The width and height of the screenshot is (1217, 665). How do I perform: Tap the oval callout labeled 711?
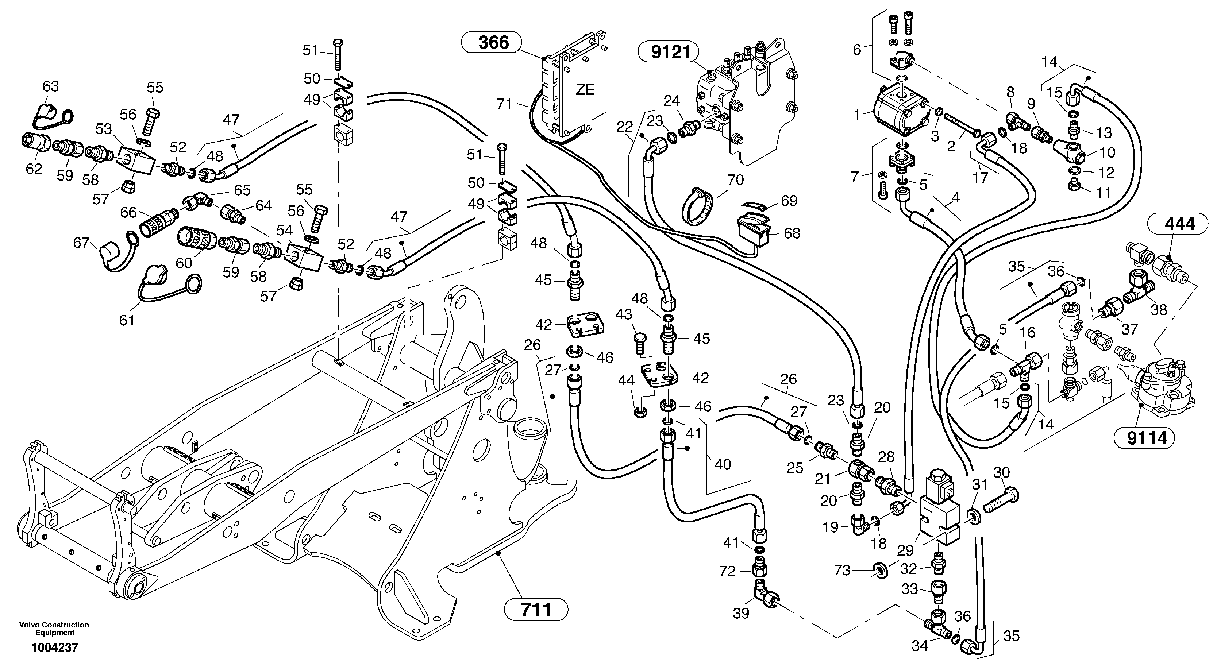point(536,609)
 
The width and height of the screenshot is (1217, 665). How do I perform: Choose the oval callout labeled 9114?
point(1146,438)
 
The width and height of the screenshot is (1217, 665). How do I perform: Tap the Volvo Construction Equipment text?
point(54,629)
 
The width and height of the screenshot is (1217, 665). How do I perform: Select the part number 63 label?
point(51,86)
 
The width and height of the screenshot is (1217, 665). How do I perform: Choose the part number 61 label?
point(127,321)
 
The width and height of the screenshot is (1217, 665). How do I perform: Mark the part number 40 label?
point(723,464)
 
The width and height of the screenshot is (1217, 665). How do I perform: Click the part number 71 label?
point(504,104)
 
